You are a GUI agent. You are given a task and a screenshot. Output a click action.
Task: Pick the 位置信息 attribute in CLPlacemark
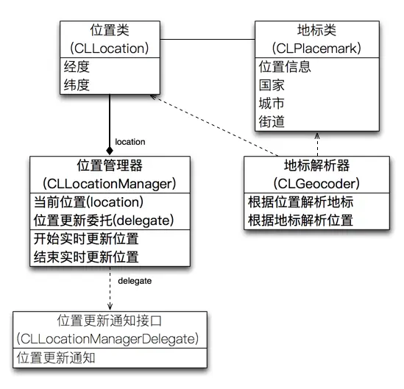click(x=284, y=66)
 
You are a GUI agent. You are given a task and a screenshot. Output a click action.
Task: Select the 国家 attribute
click(x=272, y=85)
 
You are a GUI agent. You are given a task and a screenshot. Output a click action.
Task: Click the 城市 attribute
click(x=272, y=103)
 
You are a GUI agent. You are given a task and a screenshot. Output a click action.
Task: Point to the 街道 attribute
click(x=272, y=121)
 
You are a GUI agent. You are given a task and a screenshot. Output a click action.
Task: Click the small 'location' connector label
click(x=130, y=141)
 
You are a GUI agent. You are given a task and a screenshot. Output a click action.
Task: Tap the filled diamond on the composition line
click(x=110, y=151)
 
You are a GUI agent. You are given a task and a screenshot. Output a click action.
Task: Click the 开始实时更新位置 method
click(x=86, y=238)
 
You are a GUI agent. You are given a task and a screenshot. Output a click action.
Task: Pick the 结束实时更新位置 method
click(x=86, y=257)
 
